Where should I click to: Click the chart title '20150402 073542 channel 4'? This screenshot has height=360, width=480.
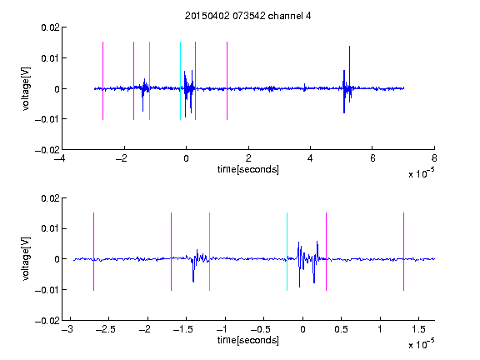247,16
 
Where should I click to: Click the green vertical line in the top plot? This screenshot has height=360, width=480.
149,81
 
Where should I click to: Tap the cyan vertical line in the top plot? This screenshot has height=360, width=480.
180,81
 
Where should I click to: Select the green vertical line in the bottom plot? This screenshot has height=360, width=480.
209,252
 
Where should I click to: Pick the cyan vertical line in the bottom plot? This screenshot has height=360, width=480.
287,252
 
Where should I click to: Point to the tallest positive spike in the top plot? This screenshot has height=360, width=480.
349,47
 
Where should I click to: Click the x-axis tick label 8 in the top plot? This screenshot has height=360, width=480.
434,158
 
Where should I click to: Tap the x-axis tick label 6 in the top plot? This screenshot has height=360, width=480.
372,158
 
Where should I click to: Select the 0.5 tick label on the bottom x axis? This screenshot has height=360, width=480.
341,329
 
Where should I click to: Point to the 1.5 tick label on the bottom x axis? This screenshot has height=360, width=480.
418,329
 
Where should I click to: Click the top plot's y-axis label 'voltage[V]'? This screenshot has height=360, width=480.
27,89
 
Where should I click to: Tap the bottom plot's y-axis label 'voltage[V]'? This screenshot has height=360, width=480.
27,258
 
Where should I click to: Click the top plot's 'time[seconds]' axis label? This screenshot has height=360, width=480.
248,169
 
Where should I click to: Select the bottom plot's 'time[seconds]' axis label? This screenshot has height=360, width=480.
248,340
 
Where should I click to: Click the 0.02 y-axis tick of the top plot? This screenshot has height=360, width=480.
50,27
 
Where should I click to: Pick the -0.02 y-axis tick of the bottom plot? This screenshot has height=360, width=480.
47,321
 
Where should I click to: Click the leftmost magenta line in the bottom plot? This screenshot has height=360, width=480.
93,252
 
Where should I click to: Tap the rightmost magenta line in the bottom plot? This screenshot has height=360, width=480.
404,252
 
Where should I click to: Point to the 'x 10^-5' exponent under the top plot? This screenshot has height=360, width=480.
421,173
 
